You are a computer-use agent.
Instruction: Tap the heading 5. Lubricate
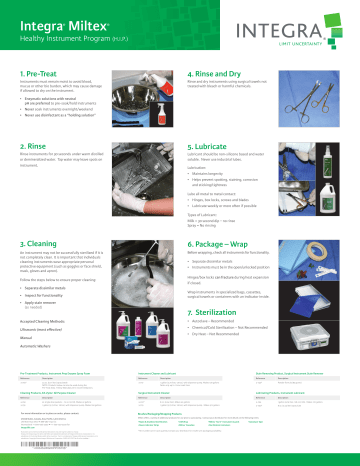pos(210,146)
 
